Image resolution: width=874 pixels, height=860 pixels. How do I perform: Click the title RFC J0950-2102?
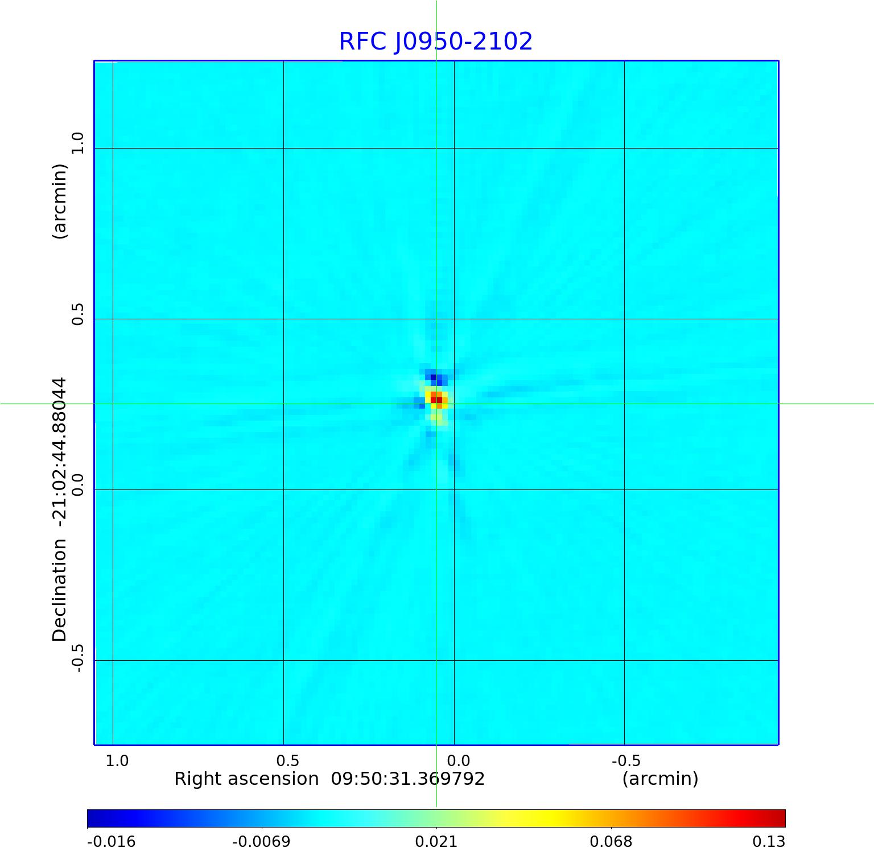pos(436,42)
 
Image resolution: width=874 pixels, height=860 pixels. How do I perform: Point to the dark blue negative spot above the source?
pos(434,377)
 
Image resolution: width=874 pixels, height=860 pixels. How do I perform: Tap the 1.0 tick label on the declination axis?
pos(77,143)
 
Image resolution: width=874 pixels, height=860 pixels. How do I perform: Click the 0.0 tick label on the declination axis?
pos(77,484)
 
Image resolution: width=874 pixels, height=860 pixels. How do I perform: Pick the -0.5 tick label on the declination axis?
pos(77,657)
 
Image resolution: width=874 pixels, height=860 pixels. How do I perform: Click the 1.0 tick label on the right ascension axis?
pos(117,761)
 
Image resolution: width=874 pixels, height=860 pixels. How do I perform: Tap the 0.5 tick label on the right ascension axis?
pos(287,761)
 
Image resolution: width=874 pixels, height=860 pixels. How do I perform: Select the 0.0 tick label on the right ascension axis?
pos(458,761)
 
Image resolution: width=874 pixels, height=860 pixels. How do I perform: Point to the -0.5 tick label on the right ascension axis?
pos(626,761)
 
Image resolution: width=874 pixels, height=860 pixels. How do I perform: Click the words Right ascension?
pos(246,779)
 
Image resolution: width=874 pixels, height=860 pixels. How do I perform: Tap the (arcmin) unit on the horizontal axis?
pos(660,779)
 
